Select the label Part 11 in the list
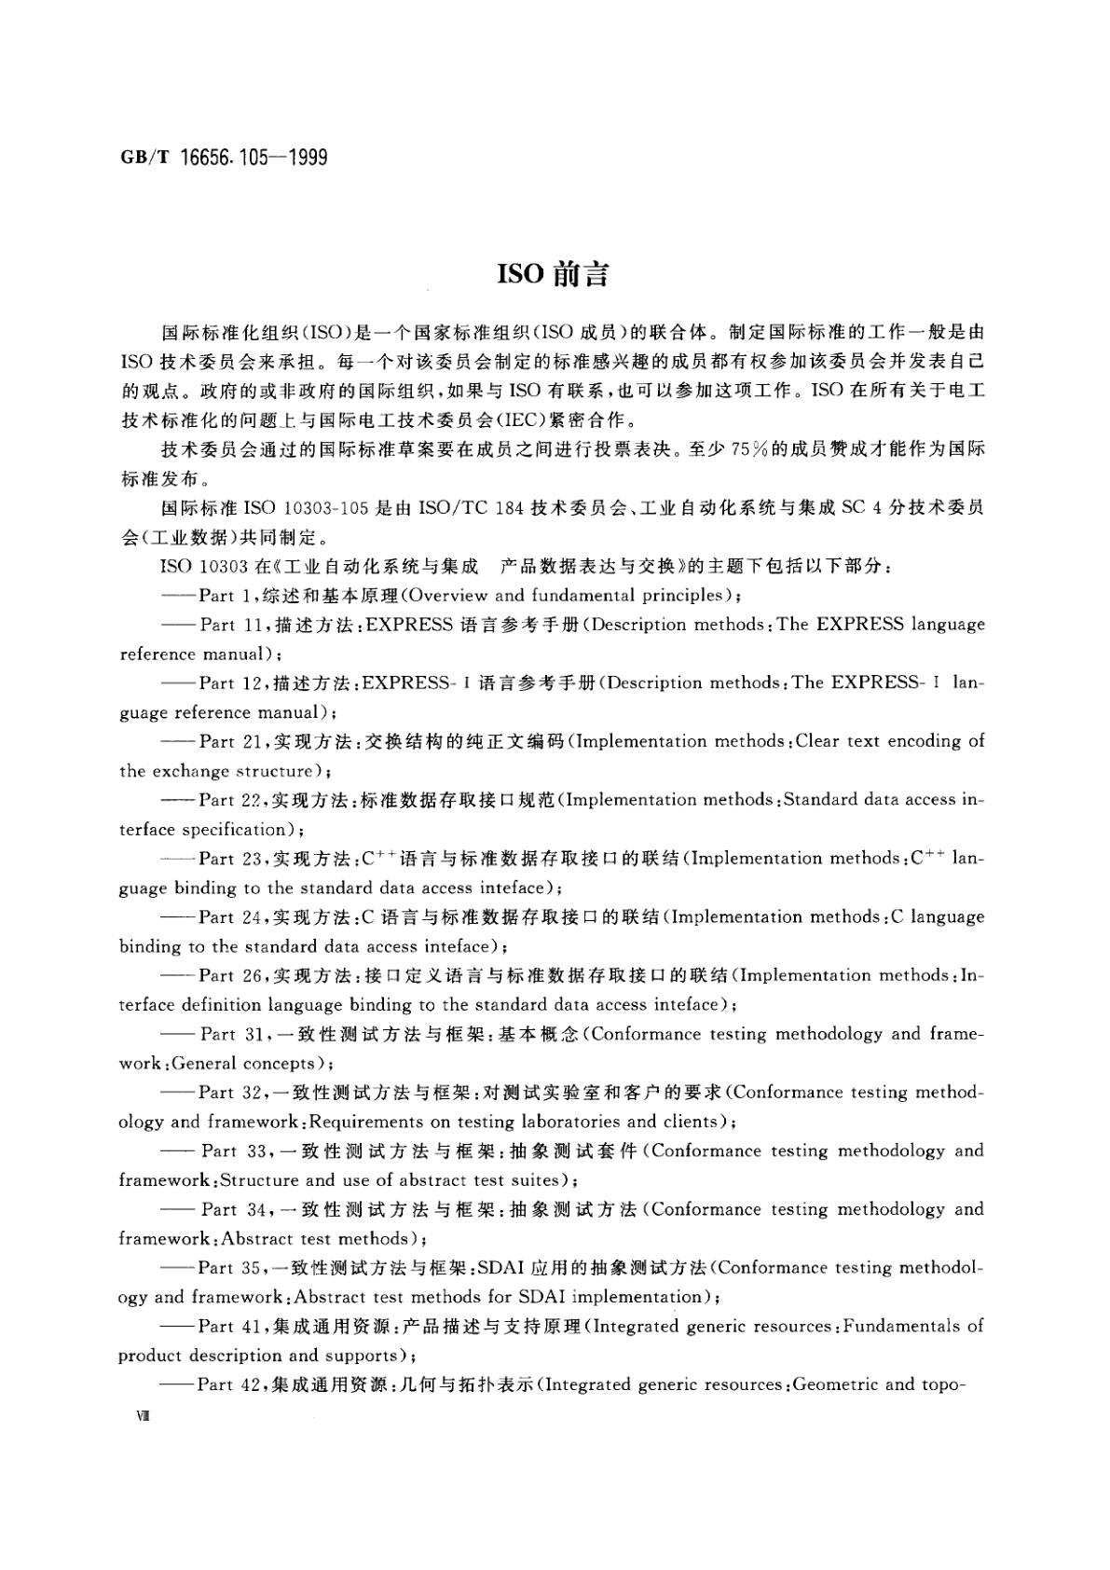(x=228, y=626)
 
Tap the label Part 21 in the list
(x=229, y=742)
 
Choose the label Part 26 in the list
(x=229, y=976)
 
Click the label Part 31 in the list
(x=232, y=1034)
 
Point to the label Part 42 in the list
(x=227, y=1385)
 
